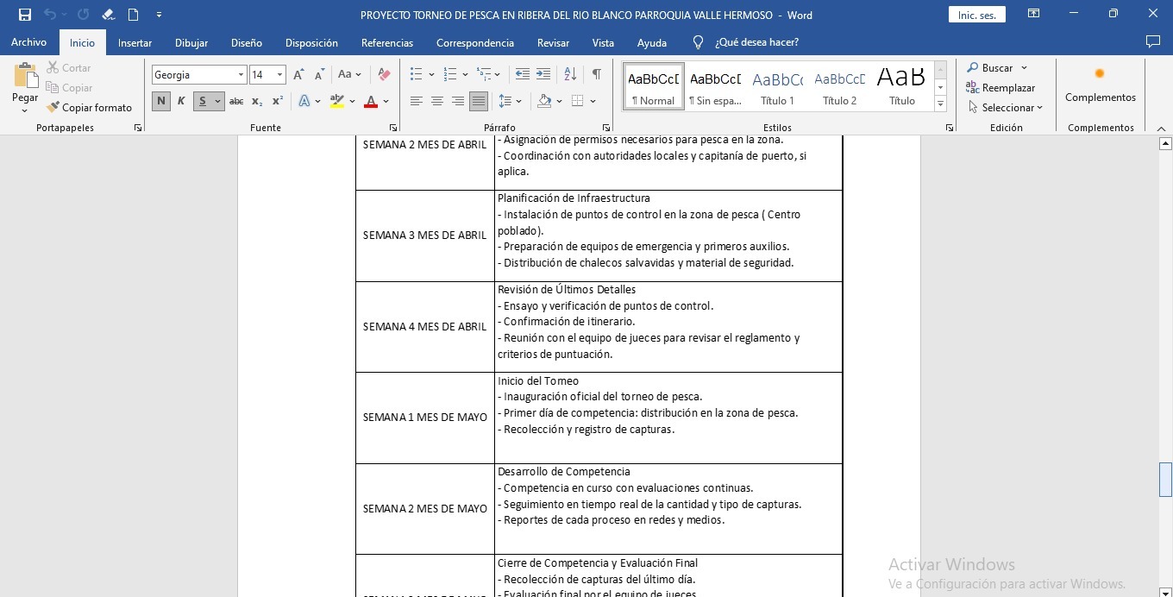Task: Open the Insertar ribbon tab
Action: coord(135,42)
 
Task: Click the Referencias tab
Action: coord(386,42)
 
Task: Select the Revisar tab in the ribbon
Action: coord(553,42)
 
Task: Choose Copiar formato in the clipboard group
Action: coord(90,108)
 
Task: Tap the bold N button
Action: coord(161,101)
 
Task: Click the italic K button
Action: coord(181,101)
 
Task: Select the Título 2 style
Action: coord(839,86)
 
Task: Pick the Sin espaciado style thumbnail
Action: coord(715,86)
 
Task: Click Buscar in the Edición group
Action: coord(996,68)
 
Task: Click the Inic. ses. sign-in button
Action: coord(976,15)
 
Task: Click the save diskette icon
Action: coord(25,15)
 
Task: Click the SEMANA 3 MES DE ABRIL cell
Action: coord(424,236)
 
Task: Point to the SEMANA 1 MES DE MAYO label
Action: coord(424,418)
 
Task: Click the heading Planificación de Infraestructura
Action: coord(574,198)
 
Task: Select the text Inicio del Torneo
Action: coord(538,381)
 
